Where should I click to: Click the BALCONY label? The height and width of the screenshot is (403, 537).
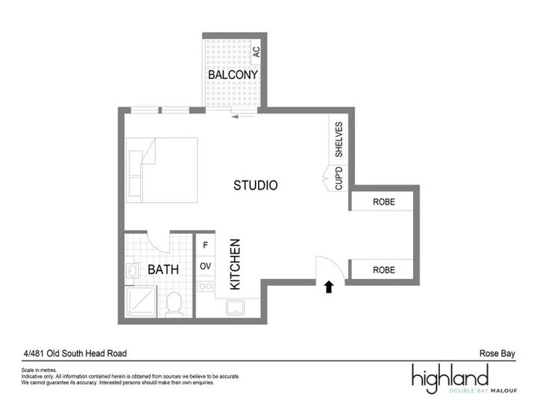click(x=233, y=75)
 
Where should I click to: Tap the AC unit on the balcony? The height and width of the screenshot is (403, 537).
click(x=256, y=51)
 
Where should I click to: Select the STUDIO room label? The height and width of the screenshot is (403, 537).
click(x=256, y=185)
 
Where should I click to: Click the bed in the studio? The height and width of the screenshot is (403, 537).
click(x=162, y=170)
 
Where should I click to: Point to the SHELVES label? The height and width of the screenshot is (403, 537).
click(x=339, y=139)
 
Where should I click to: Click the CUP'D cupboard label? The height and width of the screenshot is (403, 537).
click(x=339, y=178)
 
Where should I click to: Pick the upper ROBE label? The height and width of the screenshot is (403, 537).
click(x=384, y=201)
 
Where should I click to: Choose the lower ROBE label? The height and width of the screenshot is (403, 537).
click(x=384, y=270)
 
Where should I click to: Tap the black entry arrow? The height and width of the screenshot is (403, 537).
click(x=329, y=287)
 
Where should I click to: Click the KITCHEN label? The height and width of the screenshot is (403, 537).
click(x=235, y=264)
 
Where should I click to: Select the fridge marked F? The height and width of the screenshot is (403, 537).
click(x=205, y=245)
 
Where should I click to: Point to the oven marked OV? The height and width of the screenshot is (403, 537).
click(x=205, y=266)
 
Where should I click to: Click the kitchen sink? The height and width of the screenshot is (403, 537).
click(x=235, y=307)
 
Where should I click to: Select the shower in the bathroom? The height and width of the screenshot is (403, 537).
click(x=141, y=302)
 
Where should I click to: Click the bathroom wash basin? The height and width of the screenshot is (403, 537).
click(x=132, y=271)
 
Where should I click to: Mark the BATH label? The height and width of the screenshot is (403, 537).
click(x=163, y=269)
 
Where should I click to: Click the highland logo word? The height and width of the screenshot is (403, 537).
click(x=450, y=378)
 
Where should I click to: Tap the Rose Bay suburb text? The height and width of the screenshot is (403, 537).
click(x=497, y=353)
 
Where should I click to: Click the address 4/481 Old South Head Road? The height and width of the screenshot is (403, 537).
click(x=75, y=353)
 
